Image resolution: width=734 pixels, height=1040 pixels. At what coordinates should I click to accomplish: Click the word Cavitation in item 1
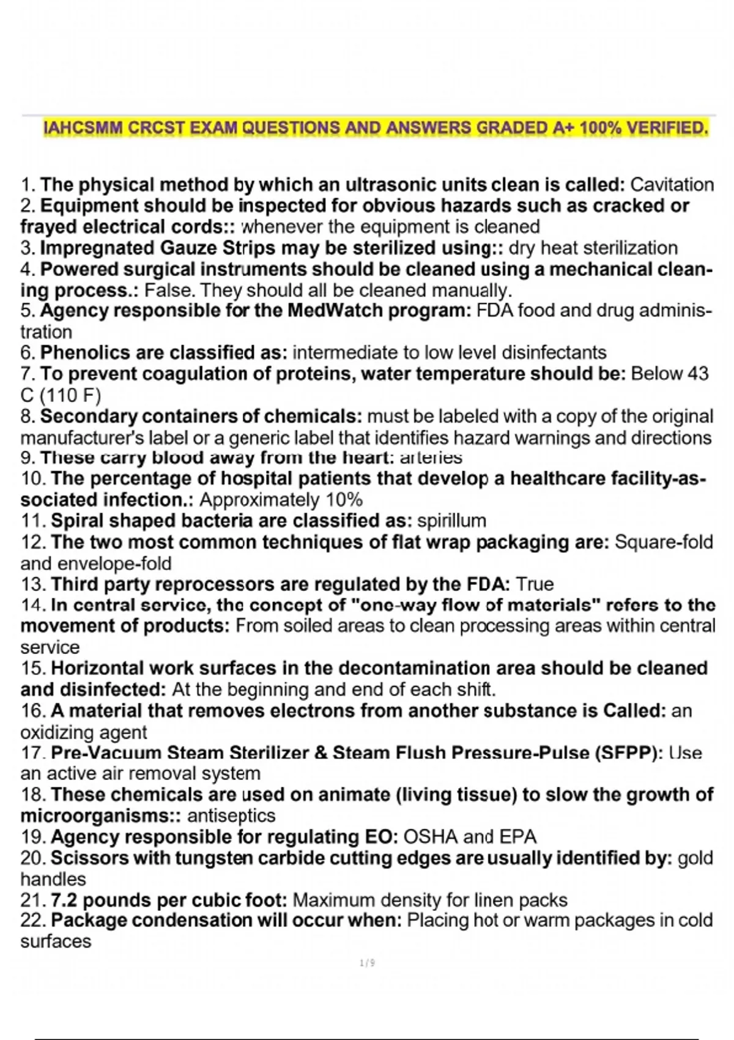point(672,185)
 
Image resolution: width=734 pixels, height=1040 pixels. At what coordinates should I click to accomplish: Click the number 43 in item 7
point(697,374)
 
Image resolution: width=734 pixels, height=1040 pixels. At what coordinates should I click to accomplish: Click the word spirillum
point(451,521)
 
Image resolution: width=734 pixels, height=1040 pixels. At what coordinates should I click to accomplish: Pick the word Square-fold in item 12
point(664,543)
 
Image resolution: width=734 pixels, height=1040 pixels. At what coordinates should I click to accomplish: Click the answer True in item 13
point(535,584)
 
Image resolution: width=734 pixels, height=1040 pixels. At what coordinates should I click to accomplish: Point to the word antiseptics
point(231,815)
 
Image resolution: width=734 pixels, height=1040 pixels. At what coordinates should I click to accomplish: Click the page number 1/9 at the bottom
point(367,964)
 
